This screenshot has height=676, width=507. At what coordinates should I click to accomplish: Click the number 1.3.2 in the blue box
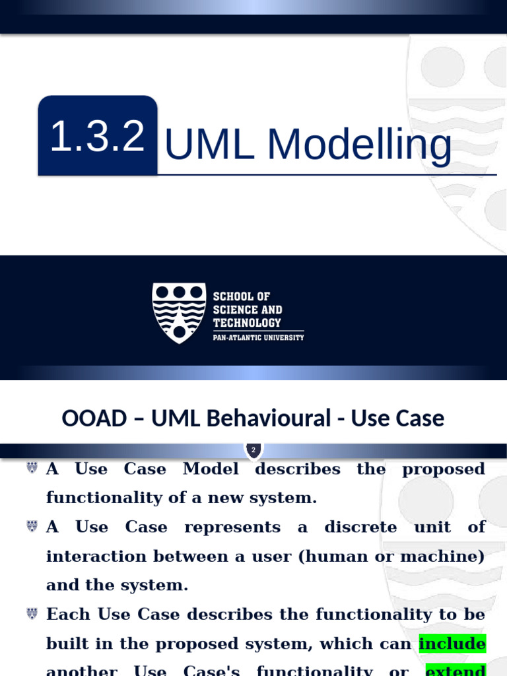pyautogui.click(x=97, y=137)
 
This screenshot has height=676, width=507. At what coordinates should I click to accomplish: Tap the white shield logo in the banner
pyautogui.click(x=178, y=312)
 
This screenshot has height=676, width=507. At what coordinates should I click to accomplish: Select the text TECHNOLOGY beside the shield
pyautogui.click(x=246, y=323)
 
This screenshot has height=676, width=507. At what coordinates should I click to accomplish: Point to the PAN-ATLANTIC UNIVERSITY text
pyautogui.click(x=258, y=337)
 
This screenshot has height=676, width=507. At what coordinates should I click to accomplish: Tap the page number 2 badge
pyautogui.click(x=253, y=450)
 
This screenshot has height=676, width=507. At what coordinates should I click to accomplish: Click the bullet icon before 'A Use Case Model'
pyautogui.click(x=32, y=468)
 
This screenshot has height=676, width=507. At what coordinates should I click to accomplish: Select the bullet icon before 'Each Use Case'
pyautogui.click(x=32, y=613)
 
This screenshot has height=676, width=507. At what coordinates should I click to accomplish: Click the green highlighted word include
pyautogui.click(x=452, y=643)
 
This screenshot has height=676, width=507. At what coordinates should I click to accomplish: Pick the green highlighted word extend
pyautogui.click(x=456, y=670)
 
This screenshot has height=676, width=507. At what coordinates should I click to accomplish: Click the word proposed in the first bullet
pyautogui.click(x=444, y=469)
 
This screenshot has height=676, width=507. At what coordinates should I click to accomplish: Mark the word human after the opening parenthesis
pyautogui.click(x=333, y=556)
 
